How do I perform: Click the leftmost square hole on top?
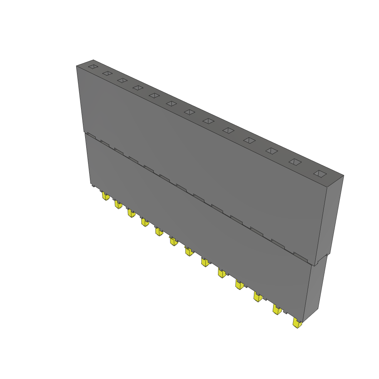(x=93, y=67)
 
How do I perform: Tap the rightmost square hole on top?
(x=321, y=174)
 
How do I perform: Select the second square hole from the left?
(x=107, y=73)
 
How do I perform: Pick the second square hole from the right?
(x=295, y=162)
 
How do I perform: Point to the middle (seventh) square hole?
(x=190, y=112)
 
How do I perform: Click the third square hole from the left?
(x=122, y=80)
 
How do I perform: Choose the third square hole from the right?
(x=272, y=151)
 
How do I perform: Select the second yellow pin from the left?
(x=118, y=204)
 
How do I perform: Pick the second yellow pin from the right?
(x=277, y=310)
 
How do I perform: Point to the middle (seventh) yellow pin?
(x=189, y=252)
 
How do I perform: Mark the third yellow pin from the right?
(x=258, y=296)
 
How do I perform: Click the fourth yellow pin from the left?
(x=144, y=222)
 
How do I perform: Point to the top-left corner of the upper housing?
(x=77, y=66)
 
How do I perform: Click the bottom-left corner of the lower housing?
(x=90, y=184)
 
